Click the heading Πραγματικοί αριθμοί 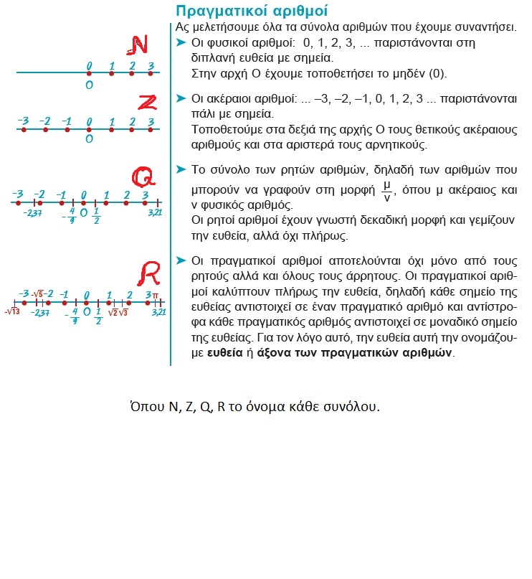click(x=242, y=11)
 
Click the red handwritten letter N click(x=136, y=46)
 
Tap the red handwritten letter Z click(x=146, y=102)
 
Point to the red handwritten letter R click(x=149, y=273)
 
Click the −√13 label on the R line click(x=11, y=312)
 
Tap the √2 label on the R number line click(x=112, y=312)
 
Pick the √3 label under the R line click(x=123, y=312)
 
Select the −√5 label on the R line click(x=37, y=294)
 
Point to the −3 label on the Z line click(x=24, y=121)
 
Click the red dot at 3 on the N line click(x=151, y=72)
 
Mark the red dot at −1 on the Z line click(x=66, y=129)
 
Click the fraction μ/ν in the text click(x=387, y=192)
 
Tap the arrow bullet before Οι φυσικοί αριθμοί click(x=181, y=43)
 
